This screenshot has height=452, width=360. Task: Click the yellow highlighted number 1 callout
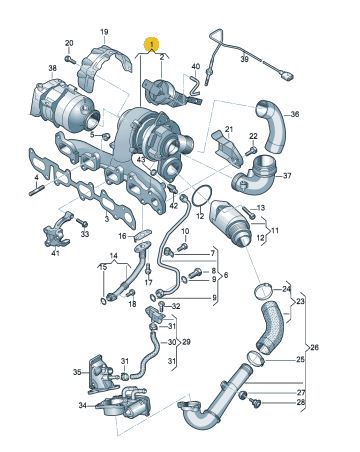click(x=151, y=44)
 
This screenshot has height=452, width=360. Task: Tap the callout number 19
click(x=104, y=32)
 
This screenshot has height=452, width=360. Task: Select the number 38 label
click(x=52, y=68)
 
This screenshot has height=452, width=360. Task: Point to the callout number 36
click(x=295, y=114)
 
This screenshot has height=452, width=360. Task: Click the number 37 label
click(x=287, y=176)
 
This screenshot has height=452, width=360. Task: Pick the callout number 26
click(x=314, y=347)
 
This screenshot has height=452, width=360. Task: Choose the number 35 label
click(x=77, y=372)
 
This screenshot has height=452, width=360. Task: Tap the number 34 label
click(x=83, y=405)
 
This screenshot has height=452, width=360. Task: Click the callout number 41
click(x=55, y=253)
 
